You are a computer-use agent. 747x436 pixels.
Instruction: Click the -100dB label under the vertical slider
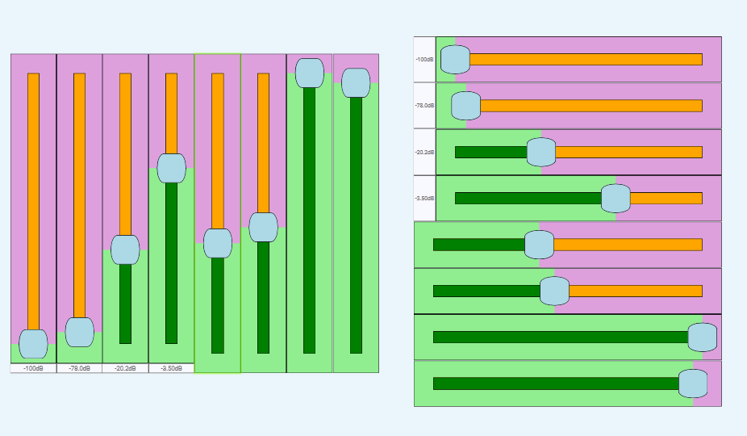pyautogui.click(x=33, y=368)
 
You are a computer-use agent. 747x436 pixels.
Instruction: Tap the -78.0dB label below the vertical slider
pyautogui.click(x=79, y=368)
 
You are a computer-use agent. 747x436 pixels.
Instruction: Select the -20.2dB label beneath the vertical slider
pyautogui.click(x=125, y=368)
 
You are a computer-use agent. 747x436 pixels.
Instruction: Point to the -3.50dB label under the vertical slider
pyautogui.click(x=171, y=368)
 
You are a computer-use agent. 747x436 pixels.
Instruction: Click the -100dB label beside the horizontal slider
pyautogui.click(x=424, y=60)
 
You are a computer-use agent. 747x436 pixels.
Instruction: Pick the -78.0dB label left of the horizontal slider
pyautogui.click(x=424, y=106)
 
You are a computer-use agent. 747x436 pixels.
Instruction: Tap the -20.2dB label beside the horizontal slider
pyautogui.click(x=424, y=152)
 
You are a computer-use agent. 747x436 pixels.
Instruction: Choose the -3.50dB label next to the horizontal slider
pyautogui.click(x=424, y=198)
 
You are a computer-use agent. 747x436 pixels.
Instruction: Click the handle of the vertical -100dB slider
pyautogui.click(x=33, y=344)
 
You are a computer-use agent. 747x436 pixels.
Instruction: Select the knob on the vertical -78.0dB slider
pyautogui.click(x=79, y=332)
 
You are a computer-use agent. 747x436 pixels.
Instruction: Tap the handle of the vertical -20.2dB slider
pyautogui.click(x=125, y=249)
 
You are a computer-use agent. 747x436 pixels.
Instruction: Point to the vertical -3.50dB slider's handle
pyautogui.click(x=171, y=168)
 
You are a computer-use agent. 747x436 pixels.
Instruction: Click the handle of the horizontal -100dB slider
pyautogui.click(x=455, y=59)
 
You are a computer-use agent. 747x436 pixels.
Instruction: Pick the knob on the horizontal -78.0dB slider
pyautogui.click(x=465, y=106)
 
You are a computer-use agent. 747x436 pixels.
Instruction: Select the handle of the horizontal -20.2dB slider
pyautogui.click(x=541, y=152)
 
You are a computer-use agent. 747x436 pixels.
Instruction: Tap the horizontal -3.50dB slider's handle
pyautogui.click(x=616, y=198)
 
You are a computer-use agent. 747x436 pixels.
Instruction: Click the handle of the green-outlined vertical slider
pyautogui.click(x=218, y=243)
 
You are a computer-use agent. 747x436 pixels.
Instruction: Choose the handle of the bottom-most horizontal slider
pyautogui.click(x=693, y=384)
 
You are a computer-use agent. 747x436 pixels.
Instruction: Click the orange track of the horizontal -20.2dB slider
pyautogui.click(x=629, y=152)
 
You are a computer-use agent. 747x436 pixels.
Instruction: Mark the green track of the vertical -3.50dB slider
pyautogui.click(x=171, y=266)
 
